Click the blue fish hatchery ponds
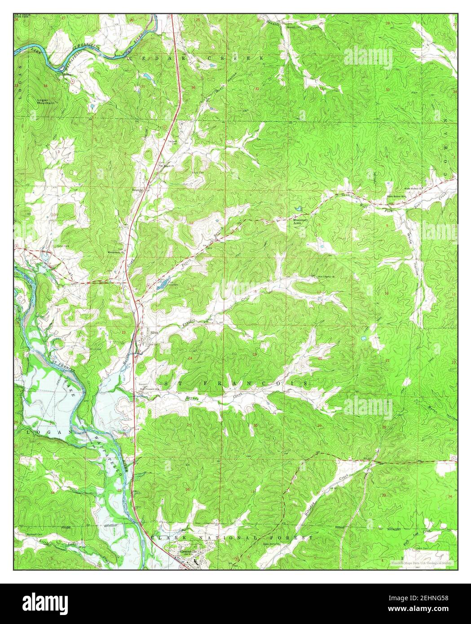163,283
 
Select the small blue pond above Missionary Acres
298,209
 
